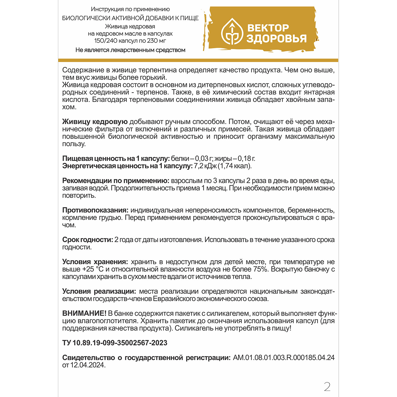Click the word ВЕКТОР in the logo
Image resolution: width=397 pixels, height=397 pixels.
[x=268, y=28]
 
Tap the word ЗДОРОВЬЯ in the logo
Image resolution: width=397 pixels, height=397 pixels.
[x=276, y=39]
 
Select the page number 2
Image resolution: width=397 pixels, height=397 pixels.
[x=327, y=387]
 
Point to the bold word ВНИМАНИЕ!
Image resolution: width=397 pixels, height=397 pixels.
[x=84, y=313]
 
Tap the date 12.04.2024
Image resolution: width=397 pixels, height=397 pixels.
[x=88, y=365]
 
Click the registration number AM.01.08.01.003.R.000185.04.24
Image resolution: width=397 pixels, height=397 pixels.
[x=284, y=358]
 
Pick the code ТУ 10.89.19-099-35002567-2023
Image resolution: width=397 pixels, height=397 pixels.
[x=115, y=343]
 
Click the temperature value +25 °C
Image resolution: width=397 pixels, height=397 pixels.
[x=93, y=269]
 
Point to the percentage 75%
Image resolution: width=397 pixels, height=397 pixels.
[x=260, y=269]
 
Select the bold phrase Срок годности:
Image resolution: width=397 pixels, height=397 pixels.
[x=88, y=240]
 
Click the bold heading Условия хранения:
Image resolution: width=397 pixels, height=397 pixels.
[x=95, y=262]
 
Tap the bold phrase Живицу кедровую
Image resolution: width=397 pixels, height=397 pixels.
[x=95, y=122]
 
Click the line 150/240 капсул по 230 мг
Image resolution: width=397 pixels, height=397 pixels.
[x=130, y=41]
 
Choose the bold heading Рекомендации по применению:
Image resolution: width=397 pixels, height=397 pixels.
[x=116, y=181]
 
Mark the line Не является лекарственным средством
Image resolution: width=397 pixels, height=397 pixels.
[x=130, y=50]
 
